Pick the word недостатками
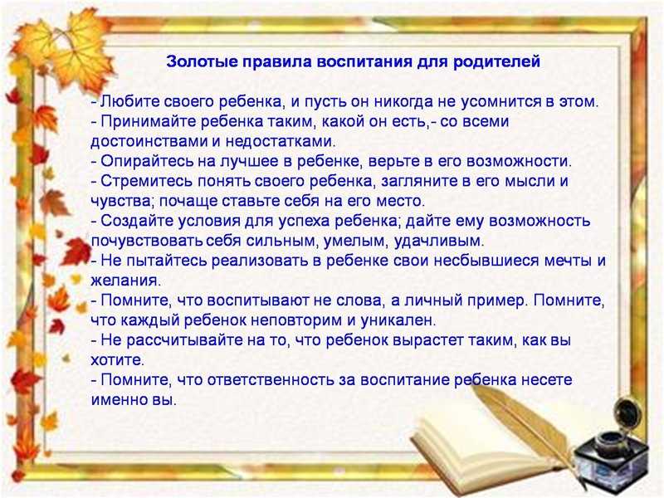click(x=280, y=141)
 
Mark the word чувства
click(x=123, y=201)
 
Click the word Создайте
click(x=136, y=221)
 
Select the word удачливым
click(x=439, y=241)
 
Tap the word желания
click(x=126, y=281)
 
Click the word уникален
click(x=398, y=320)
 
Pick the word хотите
click(x=117, y=360)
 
